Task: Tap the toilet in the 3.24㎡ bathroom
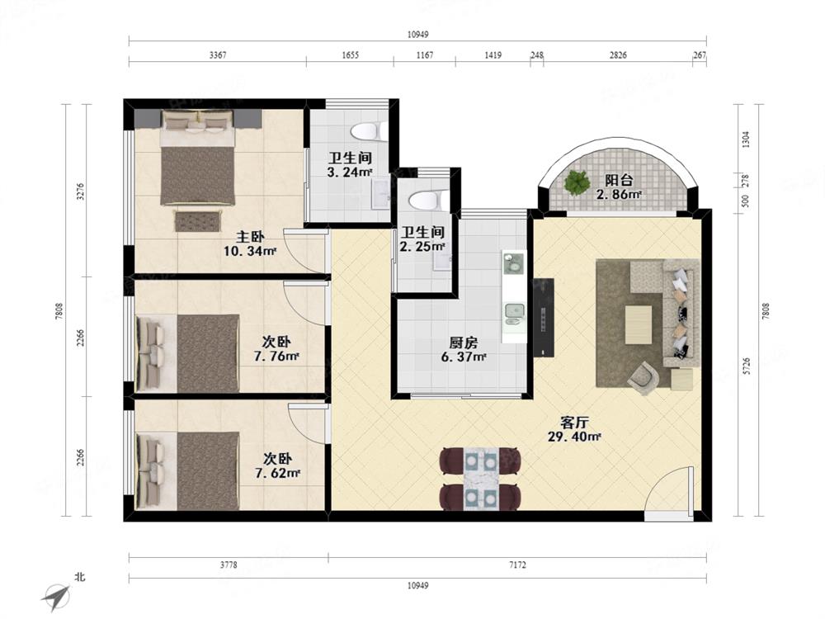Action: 369,131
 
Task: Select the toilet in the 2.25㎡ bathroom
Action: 427,201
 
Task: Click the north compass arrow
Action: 56,595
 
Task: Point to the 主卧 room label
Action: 250,237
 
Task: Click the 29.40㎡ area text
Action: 574,437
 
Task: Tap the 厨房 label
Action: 464,343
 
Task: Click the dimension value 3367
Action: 218,54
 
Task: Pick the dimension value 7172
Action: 517,565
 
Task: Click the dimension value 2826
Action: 618,54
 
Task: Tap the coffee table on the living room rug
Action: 639,324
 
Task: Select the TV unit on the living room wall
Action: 544,318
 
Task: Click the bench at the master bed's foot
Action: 198,220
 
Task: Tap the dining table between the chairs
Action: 481,479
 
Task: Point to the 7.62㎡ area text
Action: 278,473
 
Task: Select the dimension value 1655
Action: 350,54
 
